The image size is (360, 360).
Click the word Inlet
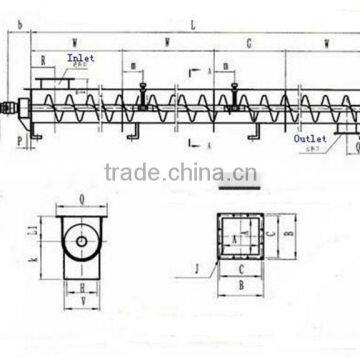[x=81, y=58]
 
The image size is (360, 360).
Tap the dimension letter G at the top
[x=248, y=43]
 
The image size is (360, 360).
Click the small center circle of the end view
[x=80, y=239]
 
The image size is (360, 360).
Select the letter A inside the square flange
[x=234, y=238]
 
